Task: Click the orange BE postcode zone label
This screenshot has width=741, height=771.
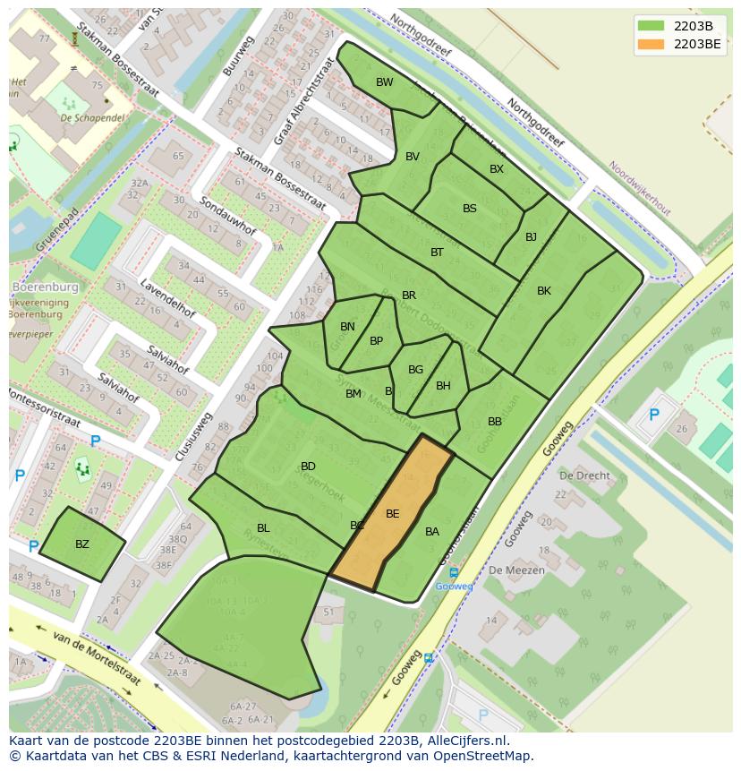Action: coord(392,514)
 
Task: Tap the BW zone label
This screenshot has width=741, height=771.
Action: coord(384,82)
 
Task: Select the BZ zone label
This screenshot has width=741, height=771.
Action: coord(82,544)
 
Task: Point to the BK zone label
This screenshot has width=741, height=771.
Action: coord(544,291)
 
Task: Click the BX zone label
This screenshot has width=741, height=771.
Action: coord(497,169)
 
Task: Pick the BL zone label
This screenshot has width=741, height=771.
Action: coord(263,528)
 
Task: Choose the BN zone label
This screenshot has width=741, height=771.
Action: coord(347,327)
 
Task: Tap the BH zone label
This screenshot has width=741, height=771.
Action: coord(443,386)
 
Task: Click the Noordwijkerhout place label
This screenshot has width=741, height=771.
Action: coord(639,188)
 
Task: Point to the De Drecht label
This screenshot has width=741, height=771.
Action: coord(584,475)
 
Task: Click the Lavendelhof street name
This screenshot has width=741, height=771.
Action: coord(167,298)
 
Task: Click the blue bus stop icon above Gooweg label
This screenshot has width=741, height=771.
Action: coord(454,573)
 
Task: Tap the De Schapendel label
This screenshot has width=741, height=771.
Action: coord(91,117)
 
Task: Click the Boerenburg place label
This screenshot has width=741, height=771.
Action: coord(45,287)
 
